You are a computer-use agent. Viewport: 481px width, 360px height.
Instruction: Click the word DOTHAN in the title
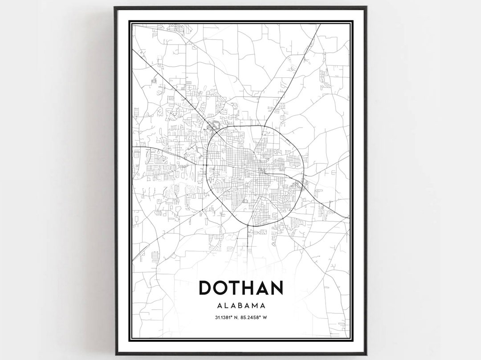[x=240, y=288]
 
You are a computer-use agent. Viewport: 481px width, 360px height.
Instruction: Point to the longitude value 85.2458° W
[x=255, y=317]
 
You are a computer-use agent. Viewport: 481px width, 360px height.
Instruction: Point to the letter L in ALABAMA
[x=225, y=306]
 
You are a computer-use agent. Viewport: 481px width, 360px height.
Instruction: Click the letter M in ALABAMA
[x=256, y=306]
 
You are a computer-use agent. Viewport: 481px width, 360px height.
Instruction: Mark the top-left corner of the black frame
[x=115, y=7]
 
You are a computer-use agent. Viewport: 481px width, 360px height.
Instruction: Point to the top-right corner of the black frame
[x=366, y=7]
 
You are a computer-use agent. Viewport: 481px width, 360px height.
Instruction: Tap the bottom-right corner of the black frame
[x=366, y=354]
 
